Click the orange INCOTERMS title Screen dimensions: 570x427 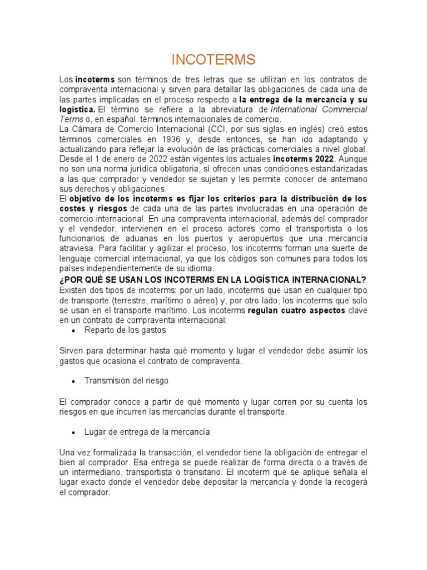click(x=213, y=60)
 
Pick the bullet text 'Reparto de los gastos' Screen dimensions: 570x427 click(x=125, y=330)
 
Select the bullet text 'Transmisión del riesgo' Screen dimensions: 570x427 click(x=126, y=381)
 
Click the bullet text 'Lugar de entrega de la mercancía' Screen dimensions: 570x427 click(x=147, y=431)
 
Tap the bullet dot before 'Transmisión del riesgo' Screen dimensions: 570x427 click(x=73, y=381)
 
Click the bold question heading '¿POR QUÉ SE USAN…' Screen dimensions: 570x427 click(x=213, y=279)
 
